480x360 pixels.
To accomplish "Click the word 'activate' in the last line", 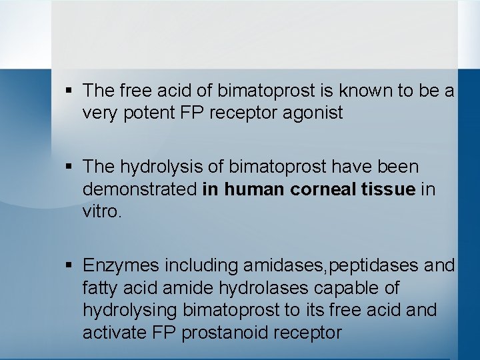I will pos(112,332).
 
